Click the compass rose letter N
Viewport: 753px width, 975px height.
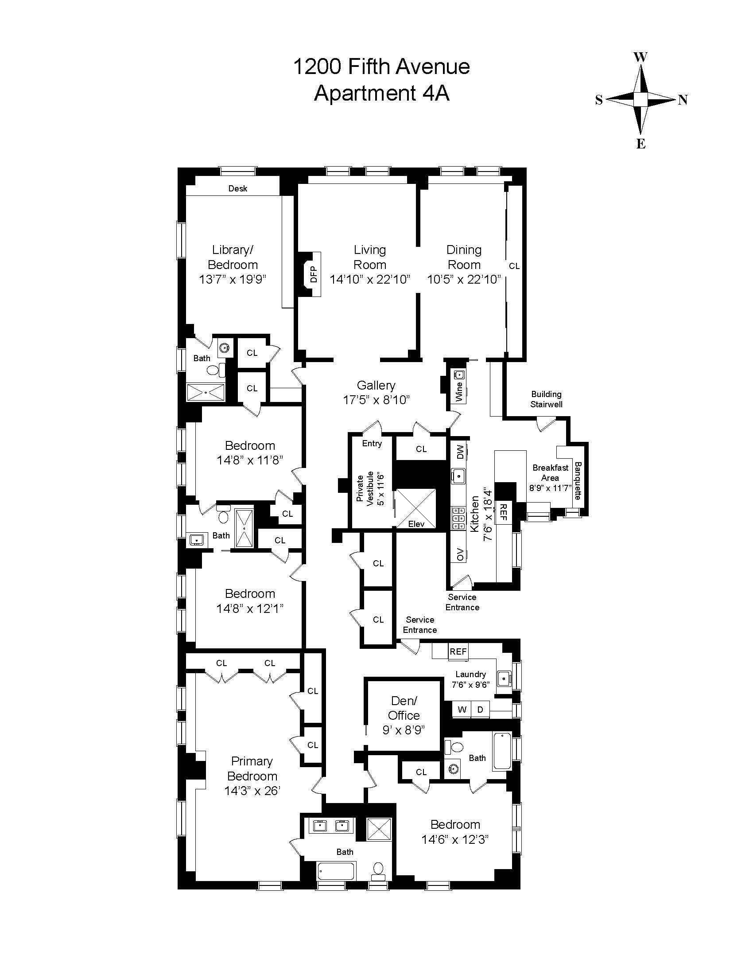pyautogui.click(x=683, y=100)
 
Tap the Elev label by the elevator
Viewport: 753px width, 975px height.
pyautogui.click(x=416, y=524)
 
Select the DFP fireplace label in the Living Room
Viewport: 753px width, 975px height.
pyautogui.click(x=314, y=274)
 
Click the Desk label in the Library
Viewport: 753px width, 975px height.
pyautogui.click(x=238, y=188)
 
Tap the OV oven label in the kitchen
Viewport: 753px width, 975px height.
pyautogui.click(x=460, y=554)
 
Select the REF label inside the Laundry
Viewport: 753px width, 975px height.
pyautogui.click(x=458, y=651)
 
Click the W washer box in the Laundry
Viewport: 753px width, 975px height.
pyautogui.click(x=462, y=710)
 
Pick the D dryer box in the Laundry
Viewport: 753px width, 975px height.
pyautogui.click(x=480, y=710)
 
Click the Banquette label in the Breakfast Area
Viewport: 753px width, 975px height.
pyautogui.click(x=578, y=480)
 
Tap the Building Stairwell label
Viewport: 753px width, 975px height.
pyautogui.click(x=546, y=399)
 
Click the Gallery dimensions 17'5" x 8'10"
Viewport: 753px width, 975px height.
pyautogui.click(x=376, y=400)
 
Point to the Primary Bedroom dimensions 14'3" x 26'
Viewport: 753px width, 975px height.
pyautogui.click(x=252, y=791)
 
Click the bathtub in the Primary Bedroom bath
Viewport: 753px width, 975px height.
pyautogui.click(x=337, y=870)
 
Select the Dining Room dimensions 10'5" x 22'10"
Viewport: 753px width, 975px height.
pyautogui.click(x=464, y=280)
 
